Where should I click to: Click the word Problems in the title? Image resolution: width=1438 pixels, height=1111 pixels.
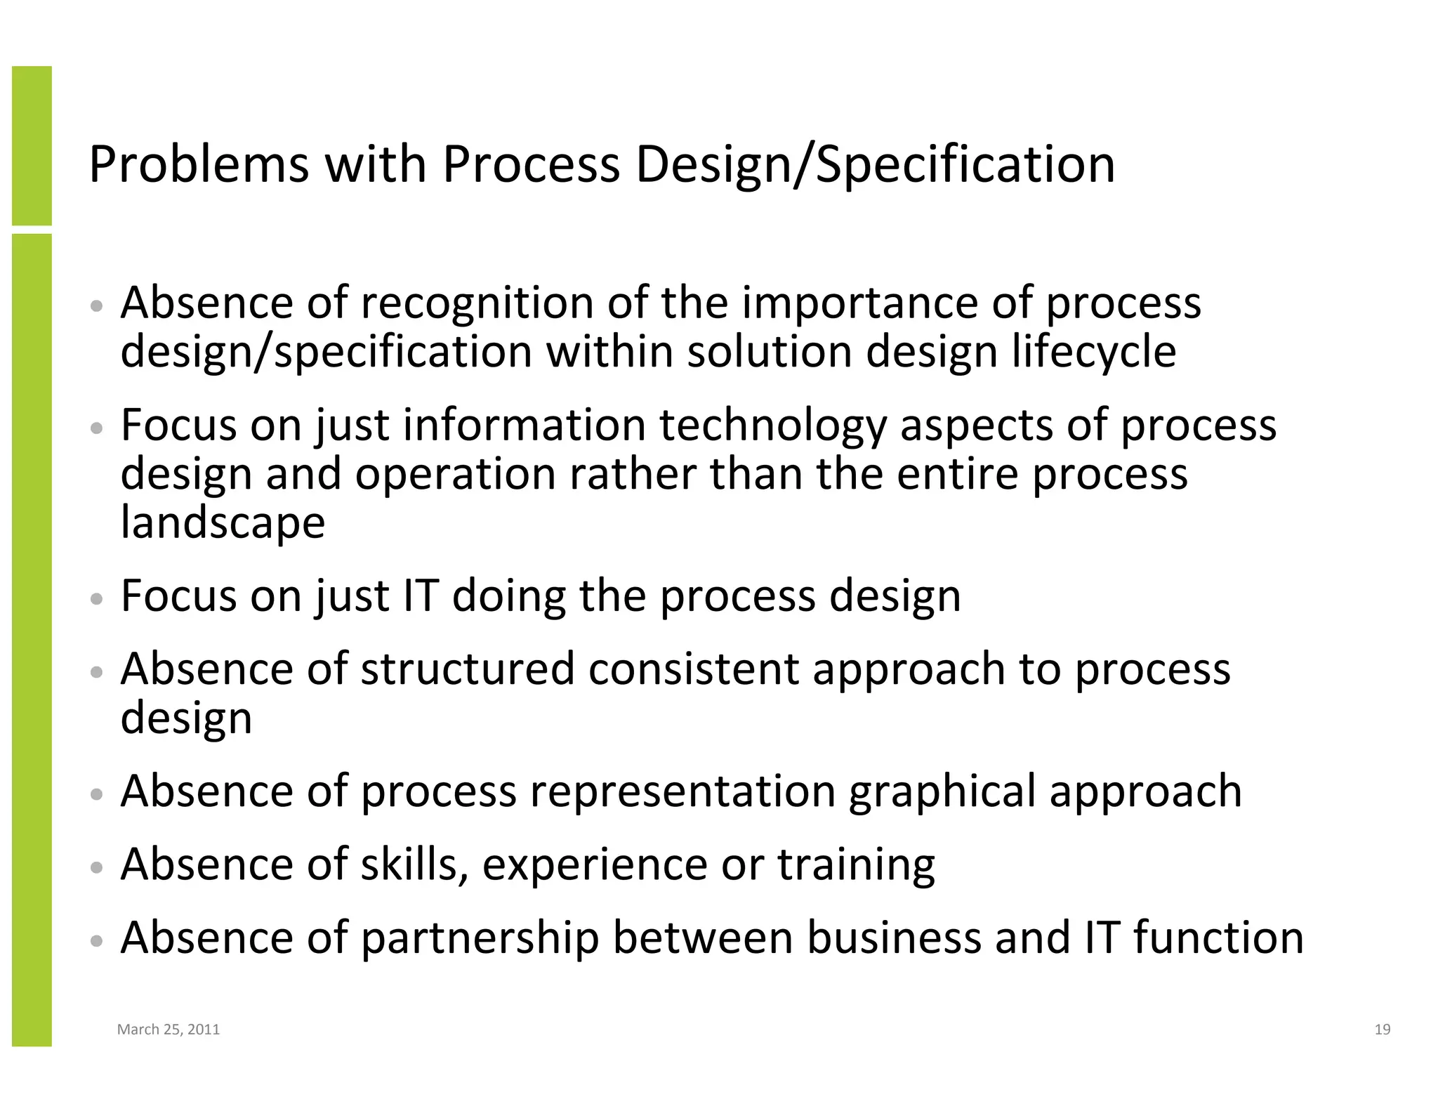[199, 166]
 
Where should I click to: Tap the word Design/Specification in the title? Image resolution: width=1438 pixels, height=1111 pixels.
[875, 166]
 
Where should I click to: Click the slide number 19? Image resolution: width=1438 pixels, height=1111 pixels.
[1382, 1030]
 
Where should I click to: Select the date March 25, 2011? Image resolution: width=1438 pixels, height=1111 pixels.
[169, 1030]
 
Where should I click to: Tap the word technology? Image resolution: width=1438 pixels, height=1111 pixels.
[773, 426]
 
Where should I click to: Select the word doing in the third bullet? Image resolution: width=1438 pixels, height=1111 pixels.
[508, 596]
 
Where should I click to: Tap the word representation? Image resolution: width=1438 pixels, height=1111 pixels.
[682, 791]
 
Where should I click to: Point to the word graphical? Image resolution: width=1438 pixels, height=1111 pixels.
[942, 791]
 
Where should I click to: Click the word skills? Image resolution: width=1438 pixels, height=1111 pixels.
[414, 865]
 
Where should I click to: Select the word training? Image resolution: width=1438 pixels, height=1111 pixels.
[856, 865]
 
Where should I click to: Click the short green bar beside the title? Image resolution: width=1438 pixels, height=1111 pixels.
[32, 145]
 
